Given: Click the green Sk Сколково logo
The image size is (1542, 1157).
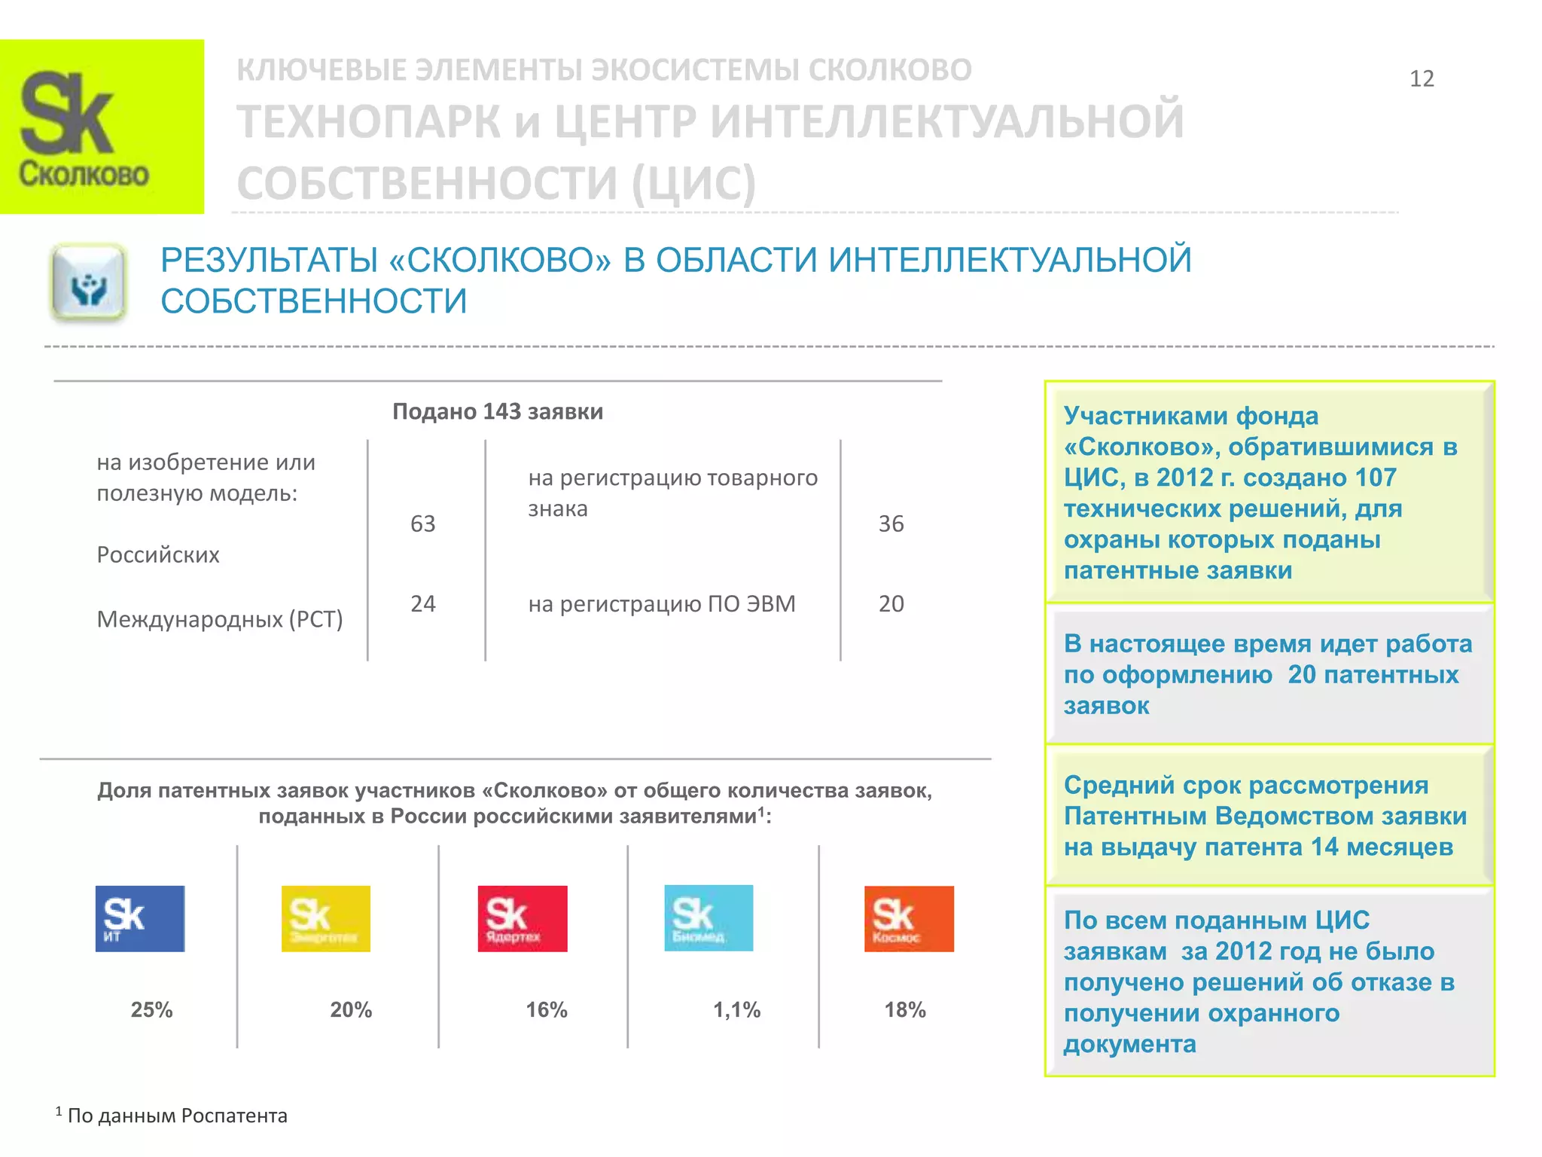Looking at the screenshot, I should (x=102, y=127).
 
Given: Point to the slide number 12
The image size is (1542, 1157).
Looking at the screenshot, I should (x=1422, y=79).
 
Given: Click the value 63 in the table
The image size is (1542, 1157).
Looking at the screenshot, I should (x=423, y=524).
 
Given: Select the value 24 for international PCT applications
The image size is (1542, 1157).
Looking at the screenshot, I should (x=423, y=603).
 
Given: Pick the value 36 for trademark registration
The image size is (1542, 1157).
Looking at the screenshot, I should (x=891, y=524).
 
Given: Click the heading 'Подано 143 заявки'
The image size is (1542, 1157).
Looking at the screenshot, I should (x=498, y=411).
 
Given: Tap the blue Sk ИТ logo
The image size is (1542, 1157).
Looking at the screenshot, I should (x=140, y=918).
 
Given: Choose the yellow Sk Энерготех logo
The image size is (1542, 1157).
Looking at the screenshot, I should (x=326, y=918).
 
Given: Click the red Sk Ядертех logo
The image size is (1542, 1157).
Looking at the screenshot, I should (x=523, y=918).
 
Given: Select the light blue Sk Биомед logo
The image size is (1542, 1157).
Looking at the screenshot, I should (x=709, y=917).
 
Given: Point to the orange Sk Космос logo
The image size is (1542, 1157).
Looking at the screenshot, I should (x=909, y=918).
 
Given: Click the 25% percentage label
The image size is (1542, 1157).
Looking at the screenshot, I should (x=152, y=1009).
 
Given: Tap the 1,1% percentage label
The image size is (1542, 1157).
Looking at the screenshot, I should (x=737, y=1009).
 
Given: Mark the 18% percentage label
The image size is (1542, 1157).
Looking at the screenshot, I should (x=905, y=1009).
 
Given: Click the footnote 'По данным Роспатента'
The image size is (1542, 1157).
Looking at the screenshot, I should (x=177, y=1116).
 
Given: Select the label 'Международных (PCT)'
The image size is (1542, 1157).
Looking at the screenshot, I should (x=220, y=619).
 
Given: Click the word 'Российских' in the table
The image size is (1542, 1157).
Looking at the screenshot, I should (x=158, y=555).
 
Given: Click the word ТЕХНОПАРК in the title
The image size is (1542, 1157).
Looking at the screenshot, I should (x=369, y=122).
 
